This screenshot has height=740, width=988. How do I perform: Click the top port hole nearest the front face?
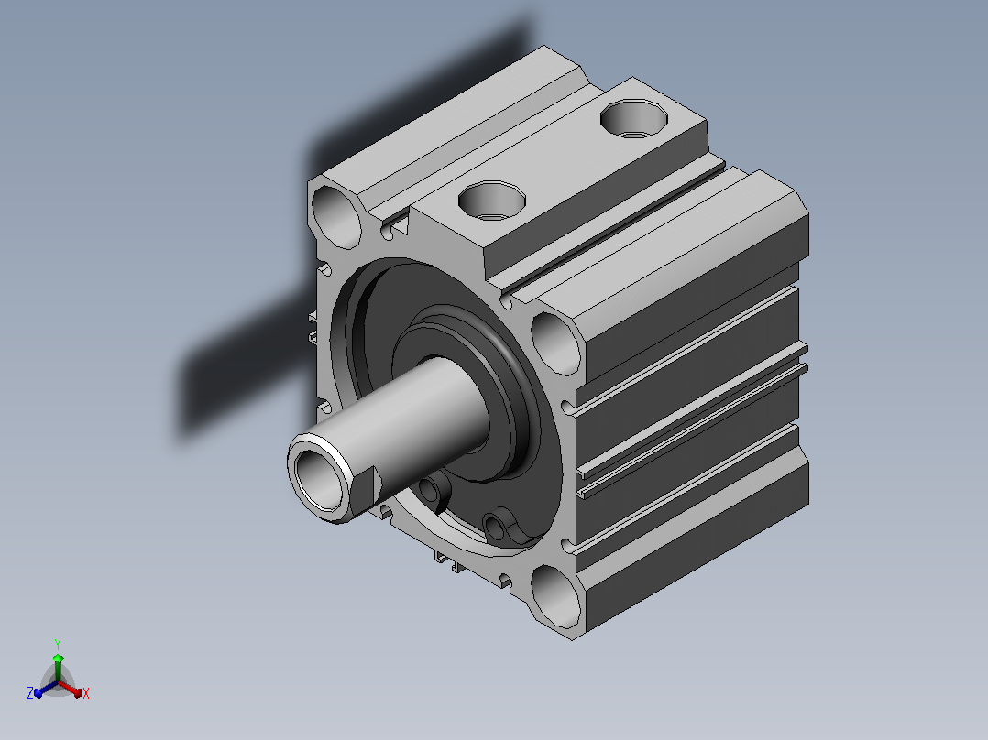pos(491,201)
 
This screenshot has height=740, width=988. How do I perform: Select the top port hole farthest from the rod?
pos(634,118)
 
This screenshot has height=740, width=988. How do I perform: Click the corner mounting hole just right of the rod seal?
pos(555,343)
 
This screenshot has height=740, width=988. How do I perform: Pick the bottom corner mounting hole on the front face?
pos(555,596)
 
